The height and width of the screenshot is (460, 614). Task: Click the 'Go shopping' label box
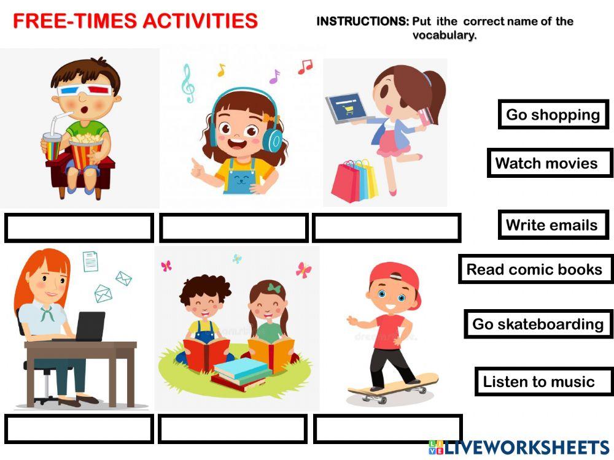coord(553,115)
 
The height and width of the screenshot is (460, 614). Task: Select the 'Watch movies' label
coord(550,163)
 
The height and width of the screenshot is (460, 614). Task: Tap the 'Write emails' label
coord(553,225)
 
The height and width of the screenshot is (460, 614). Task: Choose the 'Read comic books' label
coord(535,269)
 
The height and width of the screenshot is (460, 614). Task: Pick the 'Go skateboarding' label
coord(538,324)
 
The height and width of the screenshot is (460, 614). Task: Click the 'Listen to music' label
coord(538,381)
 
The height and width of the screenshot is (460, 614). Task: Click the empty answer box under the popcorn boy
coord(79,228)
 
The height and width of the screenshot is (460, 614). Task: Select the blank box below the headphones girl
coord(233,228)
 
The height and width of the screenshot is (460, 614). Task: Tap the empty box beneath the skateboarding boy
coord(387,429)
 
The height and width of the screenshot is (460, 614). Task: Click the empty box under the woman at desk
coord(79,429)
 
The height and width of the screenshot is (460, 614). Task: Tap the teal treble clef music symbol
coord(188,83)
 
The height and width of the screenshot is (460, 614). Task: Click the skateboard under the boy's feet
coord(393,386)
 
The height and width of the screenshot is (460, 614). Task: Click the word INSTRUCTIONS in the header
coord(362,21)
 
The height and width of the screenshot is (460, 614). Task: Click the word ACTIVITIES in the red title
coord(200,21)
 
